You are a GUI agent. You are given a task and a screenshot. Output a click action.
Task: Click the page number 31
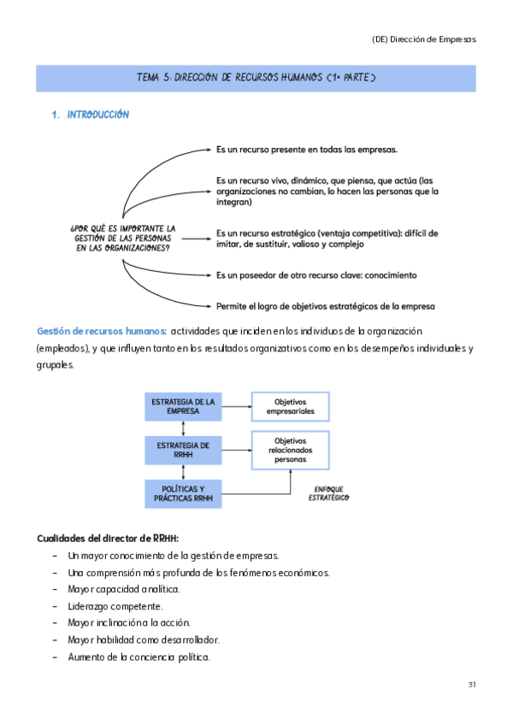(x=472, y=685)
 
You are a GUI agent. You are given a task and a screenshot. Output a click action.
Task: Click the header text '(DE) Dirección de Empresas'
(x=424, y=39)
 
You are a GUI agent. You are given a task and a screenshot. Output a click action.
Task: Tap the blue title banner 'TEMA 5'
(x=256, y=78)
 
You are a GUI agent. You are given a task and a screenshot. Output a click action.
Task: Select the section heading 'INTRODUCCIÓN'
(x=97, y=115)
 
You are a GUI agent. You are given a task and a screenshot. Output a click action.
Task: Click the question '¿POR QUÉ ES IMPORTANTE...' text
(x=122, y=238)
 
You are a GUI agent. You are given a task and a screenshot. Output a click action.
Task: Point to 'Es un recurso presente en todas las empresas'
(x=306, y=149)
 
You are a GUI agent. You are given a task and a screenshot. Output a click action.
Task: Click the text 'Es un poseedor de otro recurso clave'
(x=316, y=275)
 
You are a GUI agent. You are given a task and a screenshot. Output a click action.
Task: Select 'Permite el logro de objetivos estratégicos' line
(x=325, y=305)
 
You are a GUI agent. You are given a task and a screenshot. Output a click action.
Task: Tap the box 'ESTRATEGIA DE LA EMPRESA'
(x=183, y=406)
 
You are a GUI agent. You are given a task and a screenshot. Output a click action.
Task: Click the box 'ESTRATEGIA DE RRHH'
(x=183, y=450)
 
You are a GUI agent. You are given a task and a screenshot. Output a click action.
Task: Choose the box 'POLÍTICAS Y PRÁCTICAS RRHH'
(x=183, y=494)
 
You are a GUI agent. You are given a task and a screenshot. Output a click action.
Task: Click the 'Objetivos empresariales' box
(x=289, y=406)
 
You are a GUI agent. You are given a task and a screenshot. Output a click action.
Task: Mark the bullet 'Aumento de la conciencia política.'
(x=139, y=657)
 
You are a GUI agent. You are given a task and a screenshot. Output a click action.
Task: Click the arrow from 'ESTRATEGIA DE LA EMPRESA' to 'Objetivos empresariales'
(x=235, y=406)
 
